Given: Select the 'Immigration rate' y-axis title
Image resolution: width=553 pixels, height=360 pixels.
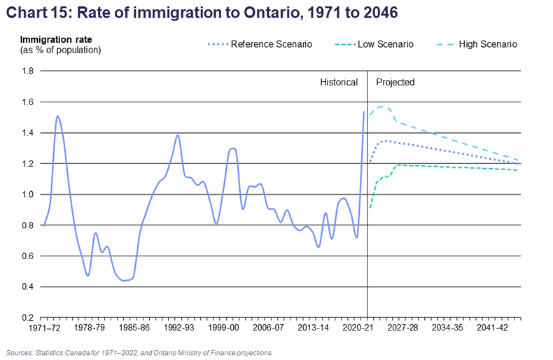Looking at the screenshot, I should pos(55,39).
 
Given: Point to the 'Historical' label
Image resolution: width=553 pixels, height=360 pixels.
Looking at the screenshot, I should pos(339,82).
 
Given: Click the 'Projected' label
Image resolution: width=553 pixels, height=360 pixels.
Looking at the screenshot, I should pos(395,82).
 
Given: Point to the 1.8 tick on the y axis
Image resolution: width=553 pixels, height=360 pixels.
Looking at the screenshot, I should pos(27,71).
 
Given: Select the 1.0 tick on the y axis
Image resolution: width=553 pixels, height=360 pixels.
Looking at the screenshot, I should pos(27,195).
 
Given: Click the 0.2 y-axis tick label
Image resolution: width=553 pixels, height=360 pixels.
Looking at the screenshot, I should pos(27,318).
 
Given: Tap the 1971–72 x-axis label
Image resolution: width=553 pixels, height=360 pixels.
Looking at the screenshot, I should pos(41,328).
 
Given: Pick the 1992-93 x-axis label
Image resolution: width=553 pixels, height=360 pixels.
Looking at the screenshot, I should pos(178,328).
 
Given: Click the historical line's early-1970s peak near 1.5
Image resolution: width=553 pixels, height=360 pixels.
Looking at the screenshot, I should pos(57,116).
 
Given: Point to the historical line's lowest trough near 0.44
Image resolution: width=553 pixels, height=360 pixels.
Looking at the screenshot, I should pos(125,280).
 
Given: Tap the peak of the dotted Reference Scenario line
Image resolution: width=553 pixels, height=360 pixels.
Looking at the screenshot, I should pos(384,141).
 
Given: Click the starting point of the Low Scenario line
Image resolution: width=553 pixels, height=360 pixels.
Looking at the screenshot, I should pos(370,208).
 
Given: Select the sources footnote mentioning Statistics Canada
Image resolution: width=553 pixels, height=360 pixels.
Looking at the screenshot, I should pos(139,352).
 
